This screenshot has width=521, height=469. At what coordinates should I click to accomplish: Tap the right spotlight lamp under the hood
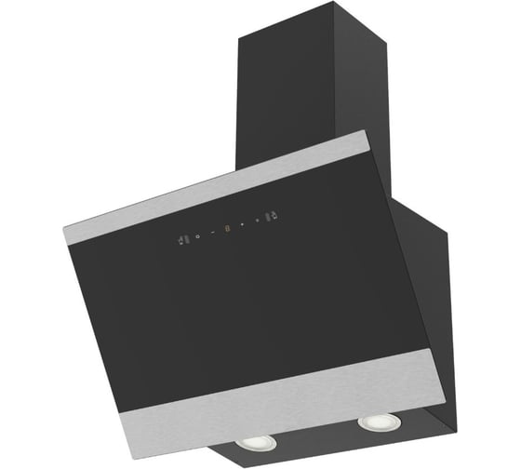coord(374,423)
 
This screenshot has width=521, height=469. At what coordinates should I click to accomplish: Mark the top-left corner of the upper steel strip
coord(65,226)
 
